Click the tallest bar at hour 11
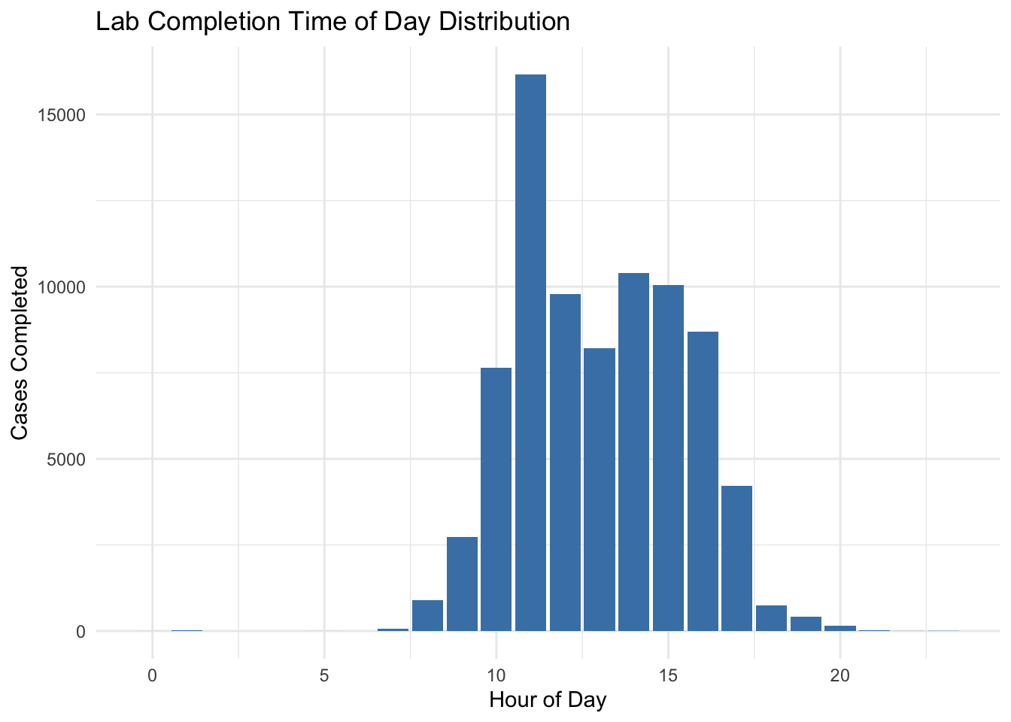click(530, 353)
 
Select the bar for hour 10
click(496, 499)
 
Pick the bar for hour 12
click(565, 462)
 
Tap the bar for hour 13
click(600, 489)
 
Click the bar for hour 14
click(633, 452)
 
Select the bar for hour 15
click(668, 457)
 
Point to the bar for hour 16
click(703, 481)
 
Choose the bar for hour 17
click(736, 558)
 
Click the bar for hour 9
click(462, 584)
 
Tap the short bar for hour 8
click(427, 615)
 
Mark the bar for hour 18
click(771, 618)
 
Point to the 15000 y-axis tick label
click(61, 116)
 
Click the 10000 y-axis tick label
click(61, 287)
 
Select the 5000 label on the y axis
click(66, 460)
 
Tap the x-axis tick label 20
click(840, 675)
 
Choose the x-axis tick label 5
click(324, 675)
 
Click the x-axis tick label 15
click(668, 675)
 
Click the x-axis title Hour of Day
click(548, 701)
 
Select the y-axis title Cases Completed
click(19, 353)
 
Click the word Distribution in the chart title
click(504, 22)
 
